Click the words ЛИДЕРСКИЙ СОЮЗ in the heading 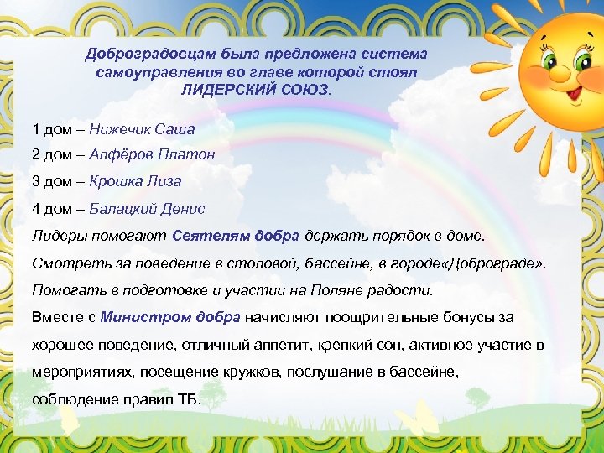tap(256, 88)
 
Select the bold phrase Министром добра tap(170, 317)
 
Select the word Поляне tap(353, 290)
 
